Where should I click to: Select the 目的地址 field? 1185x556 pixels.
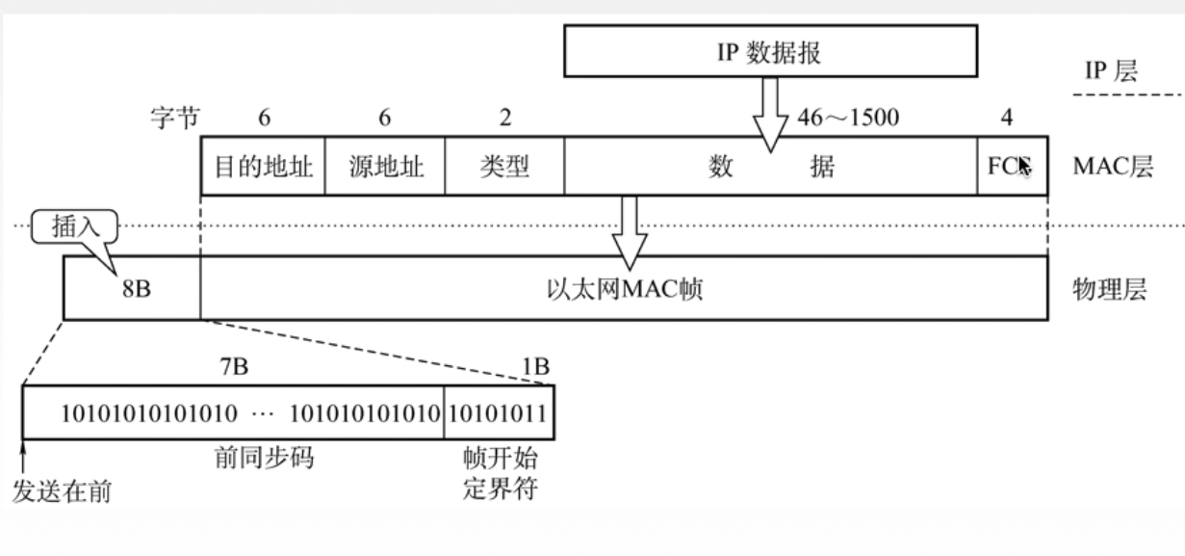click(263, 167)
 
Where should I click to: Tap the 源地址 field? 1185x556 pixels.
click(385, 167)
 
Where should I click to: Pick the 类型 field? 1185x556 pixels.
click(504, 167)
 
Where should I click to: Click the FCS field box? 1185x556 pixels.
click(1012, 167)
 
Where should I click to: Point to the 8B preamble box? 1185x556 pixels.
click(133, 288)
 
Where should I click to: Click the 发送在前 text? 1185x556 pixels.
click(61, 492)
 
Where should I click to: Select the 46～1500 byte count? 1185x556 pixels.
click(848, 119)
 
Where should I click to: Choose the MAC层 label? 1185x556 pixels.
click(1112, 167)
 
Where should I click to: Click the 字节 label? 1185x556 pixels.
click(174, 119)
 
